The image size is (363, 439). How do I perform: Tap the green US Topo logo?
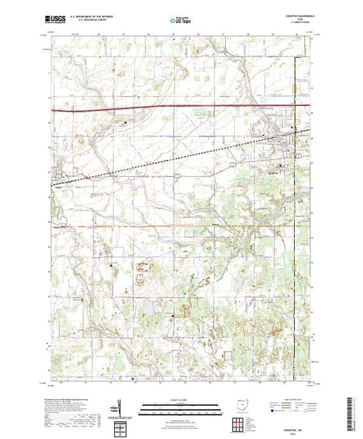pyautogui.click(x=180, y=21)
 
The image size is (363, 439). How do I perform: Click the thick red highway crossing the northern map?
pyautogui.click(x=174, y=109)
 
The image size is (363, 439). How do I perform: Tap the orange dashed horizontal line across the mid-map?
pyautogui.click(x=174, y=226)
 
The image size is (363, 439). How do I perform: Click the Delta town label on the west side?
pyautogui.click(x=59, y=185)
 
